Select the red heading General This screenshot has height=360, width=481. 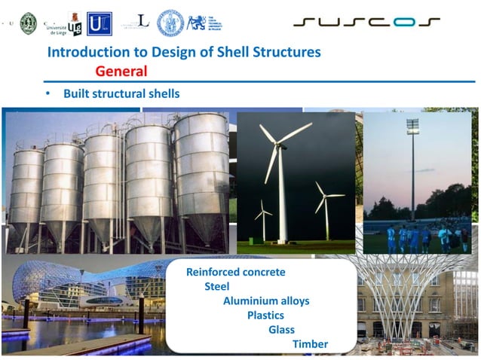(x=121, y=72)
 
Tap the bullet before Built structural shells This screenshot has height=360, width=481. (x=47, y=95)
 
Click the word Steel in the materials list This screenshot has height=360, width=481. (x=217, y=287)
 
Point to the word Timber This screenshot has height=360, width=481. (x=310, y=344)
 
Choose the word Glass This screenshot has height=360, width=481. (x=281, y=330)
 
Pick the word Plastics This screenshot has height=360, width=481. (x=265, y=316)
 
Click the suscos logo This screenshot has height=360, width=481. (x=366, y=23)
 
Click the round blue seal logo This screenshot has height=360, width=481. (x=169, y=22)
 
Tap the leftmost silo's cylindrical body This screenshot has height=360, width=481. (x=28, y=188)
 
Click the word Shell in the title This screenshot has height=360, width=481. (x=249, y=52)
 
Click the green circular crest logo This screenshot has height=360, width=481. (x=28, y=23)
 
